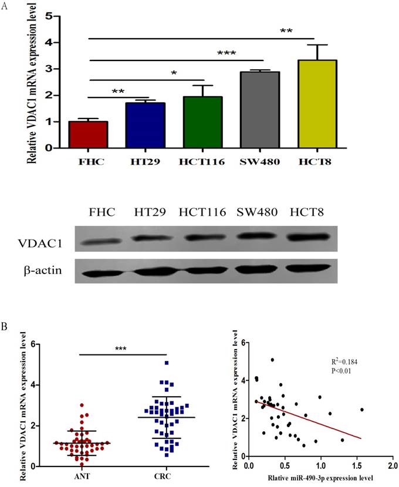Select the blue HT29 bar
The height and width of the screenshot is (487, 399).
145,125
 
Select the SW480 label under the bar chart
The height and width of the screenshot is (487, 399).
259,161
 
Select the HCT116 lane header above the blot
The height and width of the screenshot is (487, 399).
203,212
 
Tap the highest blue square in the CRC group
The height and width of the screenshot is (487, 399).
167,363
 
